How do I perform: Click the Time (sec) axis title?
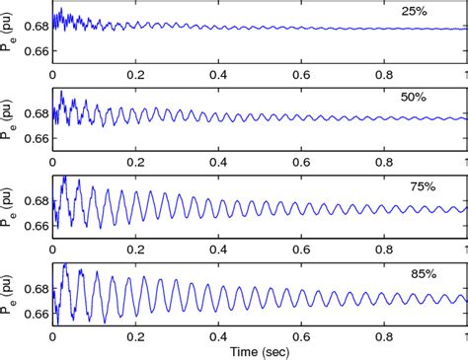click(259, 350)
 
